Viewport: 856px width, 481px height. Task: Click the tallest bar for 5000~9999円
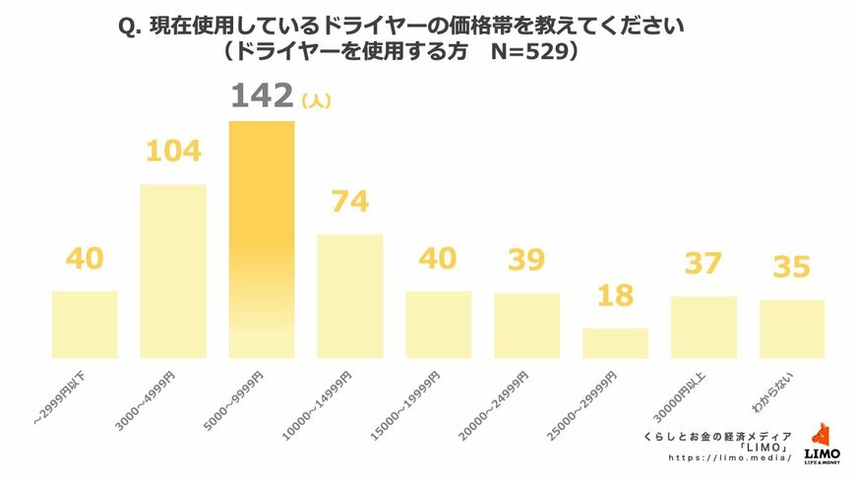coord(262,239)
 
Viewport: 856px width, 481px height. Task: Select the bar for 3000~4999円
coord(173,271)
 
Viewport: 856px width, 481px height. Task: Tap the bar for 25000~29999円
coord(615,342)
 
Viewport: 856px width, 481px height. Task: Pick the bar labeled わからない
coord(792,329)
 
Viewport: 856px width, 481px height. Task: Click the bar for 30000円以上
coord(703,327)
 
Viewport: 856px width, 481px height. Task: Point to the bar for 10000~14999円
coord(350,295)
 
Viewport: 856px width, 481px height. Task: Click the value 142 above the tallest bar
coord(262,96)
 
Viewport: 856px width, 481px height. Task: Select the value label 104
coord(173,151)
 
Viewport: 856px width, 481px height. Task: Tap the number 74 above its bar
coord(350,202)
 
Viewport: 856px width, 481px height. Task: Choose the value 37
coord(703,263)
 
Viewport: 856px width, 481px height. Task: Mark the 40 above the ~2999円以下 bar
coord(85,259)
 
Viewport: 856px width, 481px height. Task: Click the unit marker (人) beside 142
coord(317,100)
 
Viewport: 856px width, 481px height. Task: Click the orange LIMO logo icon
coord(822,435)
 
